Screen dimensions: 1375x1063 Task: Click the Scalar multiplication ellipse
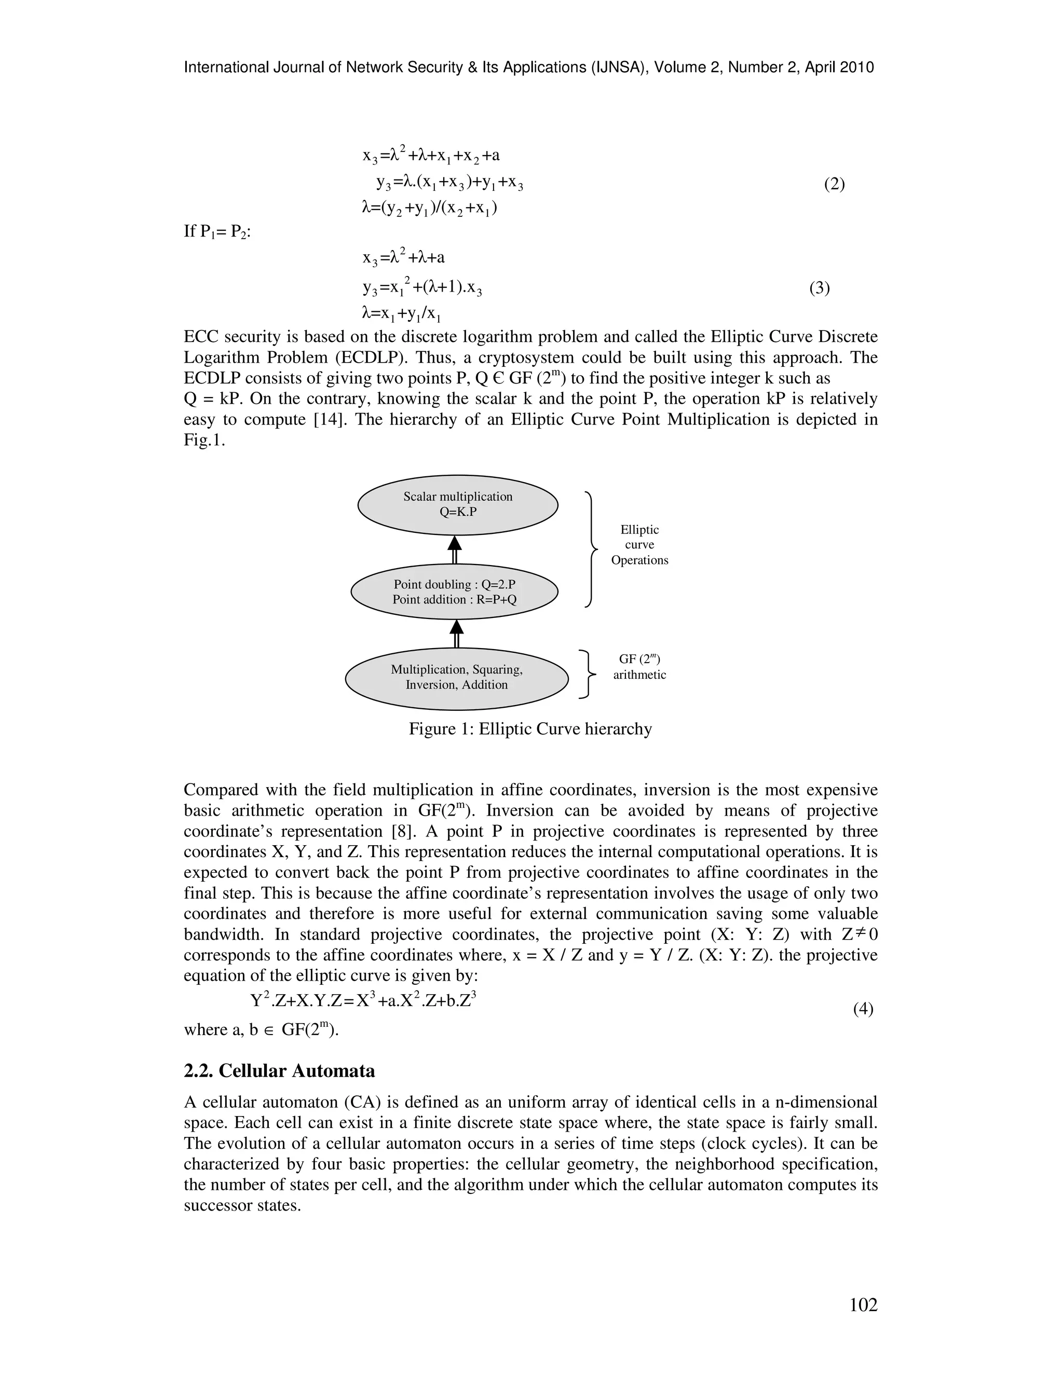pyautogui.click(x=458, y=504)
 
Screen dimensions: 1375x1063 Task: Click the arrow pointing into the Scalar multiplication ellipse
pyautogui.click(x=455, y=549)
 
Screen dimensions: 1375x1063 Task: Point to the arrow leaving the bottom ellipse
pyautogui.click(x=457, y=634)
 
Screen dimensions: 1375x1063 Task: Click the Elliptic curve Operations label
pyautogui.click(x=639, y=545)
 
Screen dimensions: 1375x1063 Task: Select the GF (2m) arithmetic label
pyautogui.click(x=639, y=667)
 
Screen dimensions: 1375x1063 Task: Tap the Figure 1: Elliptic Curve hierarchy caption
pyautogui.click(x=530, y=729)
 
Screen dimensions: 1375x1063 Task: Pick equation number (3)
pyautogui.click(x=819, y=288)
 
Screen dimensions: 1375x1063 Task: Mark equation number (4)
pyautogui.click(x=863, y=1009)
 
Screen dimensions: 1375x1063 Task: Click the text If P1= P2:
pyautogui.click(x=217, y=232)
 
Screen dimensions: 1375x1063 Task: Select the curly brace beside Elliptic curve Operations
pyautogui.click(x=591, y=549)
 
